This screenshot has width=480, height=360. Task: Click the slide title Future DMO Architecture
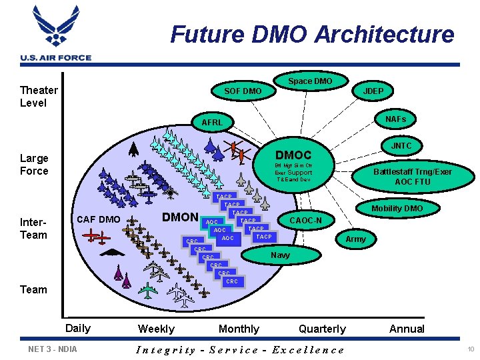312,34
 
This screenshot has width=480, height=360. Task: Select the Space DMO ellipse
310,81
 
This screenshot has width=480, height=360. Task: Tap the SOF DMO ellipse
243,91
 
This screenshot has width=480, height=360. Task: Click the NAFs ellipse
395,119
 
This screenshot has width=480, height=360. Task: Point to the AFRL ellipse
212,122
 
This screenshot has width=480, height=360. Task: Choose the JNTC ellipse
401,146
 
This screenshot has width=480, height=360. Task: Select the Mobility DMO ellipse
397,209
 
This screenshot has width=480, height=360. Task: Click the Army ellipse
356,239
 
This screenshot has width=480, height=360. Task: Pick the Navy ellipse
280,255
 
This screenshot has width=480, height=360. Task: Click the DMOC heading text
293,155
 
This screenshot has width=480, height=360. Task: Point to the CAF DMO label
99,219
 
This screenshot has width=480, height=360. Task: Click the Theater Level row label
39,96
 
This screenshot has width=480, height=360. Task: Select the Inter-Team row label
33,228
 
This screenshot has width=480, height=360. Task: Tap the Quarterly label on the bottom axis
322,329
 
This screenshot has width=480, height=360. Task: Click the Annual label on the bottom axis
407,329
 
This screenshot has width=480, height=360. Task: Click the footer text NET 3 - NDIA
53,349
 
